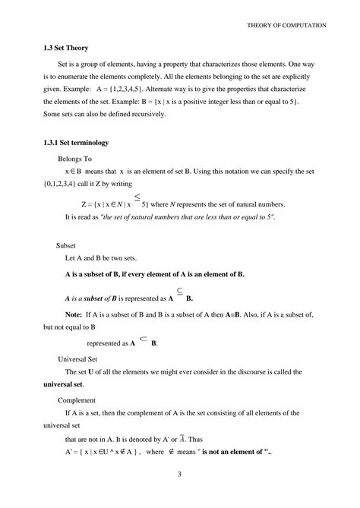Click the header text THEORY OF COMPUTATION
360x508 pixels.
(x=286, y=25)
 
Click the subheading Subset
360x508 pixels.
(x=68, y=245)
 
